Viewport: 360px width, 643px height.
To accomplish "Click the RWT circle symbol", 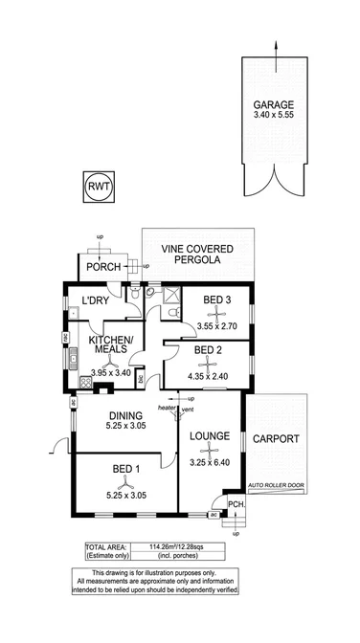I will (99, 185).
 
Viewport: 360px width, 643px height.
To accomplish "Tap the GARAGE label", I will (273, 105).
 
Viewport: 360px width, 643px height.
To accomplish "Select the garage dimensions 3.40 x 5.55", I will (273, 118).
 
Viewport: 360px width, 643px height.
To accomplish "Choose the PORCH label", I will (101, 267).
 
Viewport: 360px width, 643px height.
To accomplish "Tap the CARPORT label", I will (277, 439).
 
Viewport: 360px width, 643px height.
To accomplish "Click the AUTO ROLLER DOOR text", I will (276, 485).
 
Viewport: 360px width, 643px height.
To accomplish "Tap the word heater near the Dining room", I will (168, 409).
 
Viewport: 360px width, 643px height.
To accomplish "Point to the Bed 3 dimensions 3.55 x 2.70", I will (213, 326).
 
